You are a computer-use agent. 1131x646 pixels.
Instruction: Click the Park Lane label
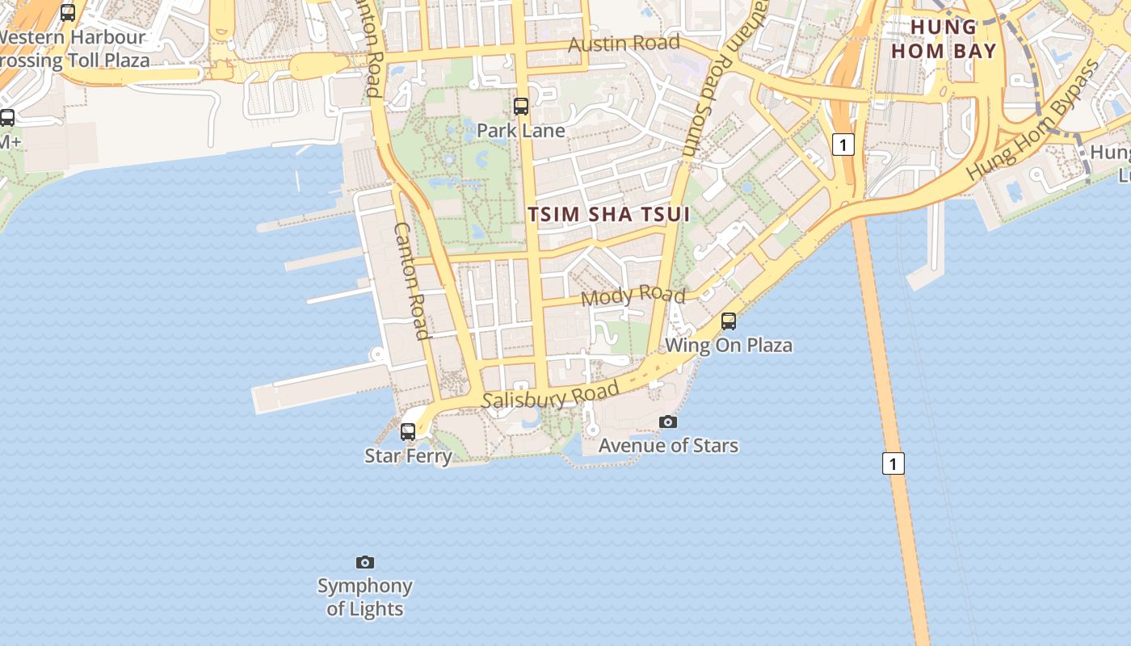pyautogui.click(x=520, y=130)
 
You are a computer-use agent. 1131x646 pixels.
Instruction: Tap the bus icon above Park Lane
pyautogui.click(x=521, y=106)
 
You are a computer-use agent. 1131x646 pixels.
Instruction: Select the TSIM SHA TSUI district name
pyautogui.click(x=609, y=214)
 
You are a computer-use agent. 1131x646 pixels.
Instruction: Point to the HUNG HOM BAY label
pyautogui.click(x=944, y=39)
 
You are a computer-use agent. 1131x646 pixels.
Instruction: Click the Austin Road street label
pyautogui.click(x=624, y=43)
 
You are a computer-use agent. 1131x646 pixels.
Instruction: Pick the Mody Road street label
pyautogui.click(x=633, y=295)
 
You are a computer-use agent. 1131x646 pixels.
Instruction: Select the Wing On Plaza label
pyautogui.click(x=728, y=346)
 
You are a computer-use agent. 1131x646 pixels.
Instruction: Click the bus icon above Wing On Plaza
pyautogui.click(x=729, y=321)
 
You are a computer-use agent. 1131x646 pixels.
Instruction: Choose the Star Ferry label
pyautogui.click(x=408, y=455)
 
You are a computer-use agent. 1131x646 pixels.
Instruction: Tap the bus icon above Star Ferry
pyautogui.click(x=408, y=431)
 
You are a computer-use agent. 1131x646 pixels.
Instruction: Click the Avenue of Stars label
pyautogui.click(x=668, y=445)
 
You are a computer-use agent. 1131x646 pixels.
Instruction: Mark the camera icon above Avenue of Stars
pyautogui.click(x=668, y=422)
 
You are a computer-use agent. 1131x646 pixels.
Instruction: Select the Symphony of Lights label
pyautogui.click(x=364, y=597)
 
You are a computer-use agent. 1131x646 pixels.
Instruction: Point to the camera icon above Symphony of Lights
pyautogui.click(x=365, y=562)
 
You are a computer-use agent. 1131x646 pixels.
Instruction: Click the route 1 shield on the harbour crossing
pyautogui.click(x=893, y=464)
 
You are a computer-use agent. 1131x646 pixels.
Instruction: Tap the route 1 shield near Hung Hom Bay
pyautogui.click(x=843, y=145)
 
